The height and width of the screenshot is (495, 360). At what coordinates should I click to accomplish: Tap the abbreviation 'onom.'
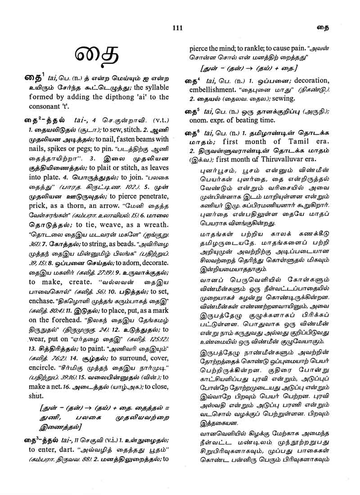(x=199, y=120)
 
